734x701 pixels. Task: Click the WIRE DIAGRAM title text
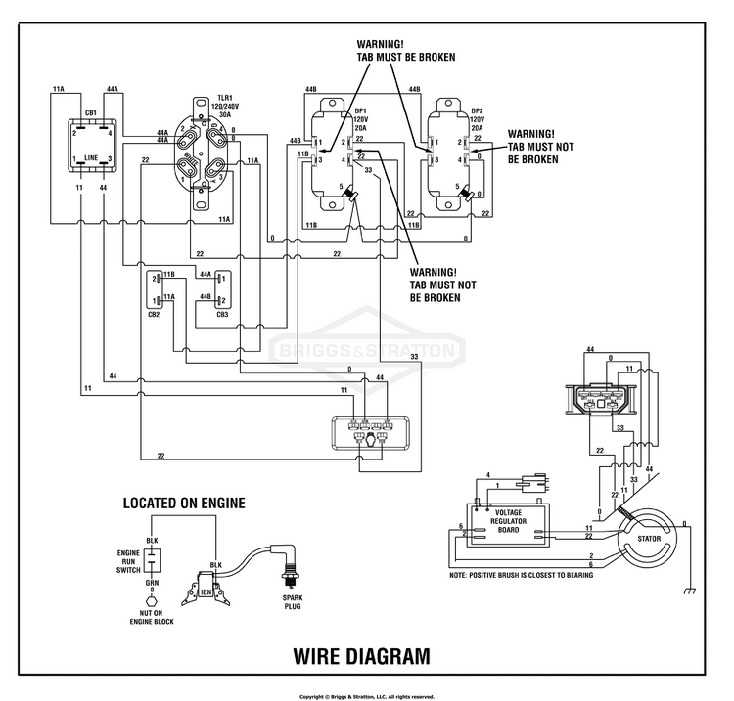point(361,655)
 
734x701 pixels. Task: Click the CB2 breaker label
point(154,313)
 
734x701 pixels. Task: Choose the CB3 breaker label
point(222,314)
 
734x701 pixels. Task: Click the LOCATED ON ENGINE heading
point(183,504)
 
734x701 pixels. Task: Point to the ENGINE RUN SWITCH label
point(129,562)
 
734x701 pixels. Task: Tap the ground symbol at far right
point(690,591)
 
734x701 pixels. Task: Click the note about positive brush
point(521,575)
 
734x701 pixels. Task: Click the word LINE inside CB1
point(91,157)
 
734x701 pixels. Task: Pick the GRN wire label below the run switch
point(152,583)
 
